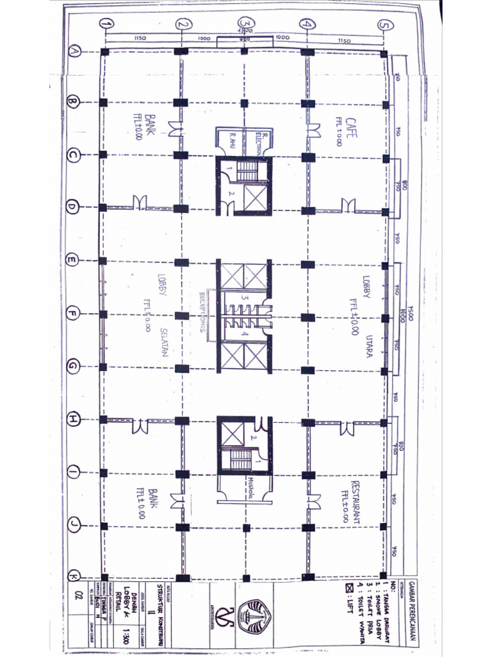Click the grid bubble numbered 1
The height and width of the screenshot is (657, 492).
click(106, 24)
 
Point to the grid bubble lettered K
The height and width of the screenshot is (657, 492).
click(74, 575)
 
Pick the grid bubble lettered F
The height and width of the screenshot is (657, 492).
click(73, 314)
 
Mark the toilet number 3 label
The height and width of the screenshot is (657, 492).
click(244, 298)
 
